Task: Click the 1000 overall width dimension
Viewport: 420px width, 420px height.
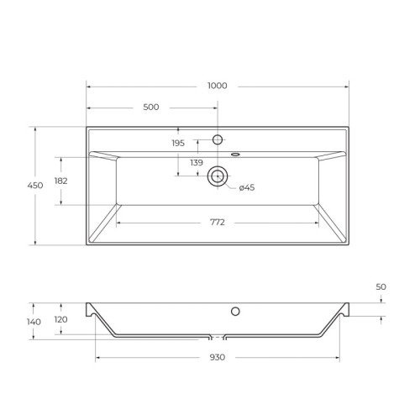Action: [218, 86]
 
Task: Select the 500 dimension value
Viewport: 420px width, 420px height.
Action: [151, 107]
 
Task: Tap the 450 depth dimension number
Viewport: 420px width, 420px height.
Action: [35, 186]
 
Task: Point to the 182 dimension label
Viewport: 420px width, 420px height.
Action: [60, 181]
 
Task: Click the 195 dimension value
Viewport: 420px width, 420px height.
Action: [178, 143]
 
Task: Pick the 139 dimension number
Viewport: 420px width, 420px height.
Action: [197, 162]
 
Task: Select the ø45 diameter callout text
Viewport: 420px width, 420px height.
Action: [247, 187]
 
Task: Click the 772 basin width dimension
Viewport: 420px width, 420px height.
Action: [218, 223]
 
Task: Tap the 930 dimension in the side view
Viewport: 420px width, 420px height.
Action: [218, 357]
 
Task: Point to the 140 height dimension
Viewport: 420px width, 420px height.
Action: [34, 322]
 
